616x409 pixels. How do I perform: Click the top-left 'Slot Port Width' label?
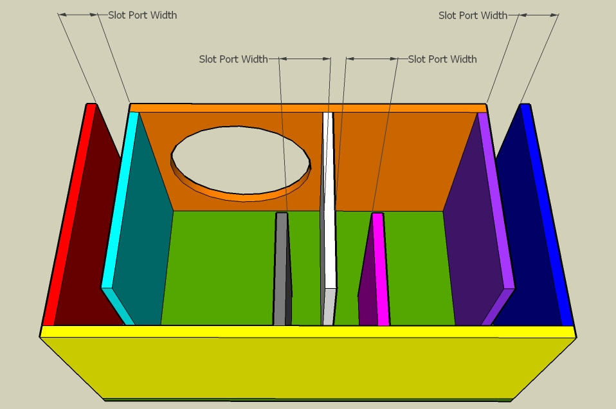[x=142, y=15]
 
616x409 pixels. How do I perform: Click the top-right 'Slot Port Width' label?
[x=473, y=15]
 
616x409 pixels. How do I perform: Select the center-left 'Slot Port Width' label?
[x=233, y=59]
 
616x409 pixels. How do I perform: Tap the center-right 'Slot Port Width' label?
[x=442, y=59]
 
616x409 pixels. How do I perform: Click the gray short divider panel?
[x=280, y=270]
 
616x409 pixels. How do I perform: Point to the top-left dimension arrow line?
[x=78, y=14]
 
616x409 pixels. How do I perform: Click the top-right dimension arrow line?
[x=538, y=14]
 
